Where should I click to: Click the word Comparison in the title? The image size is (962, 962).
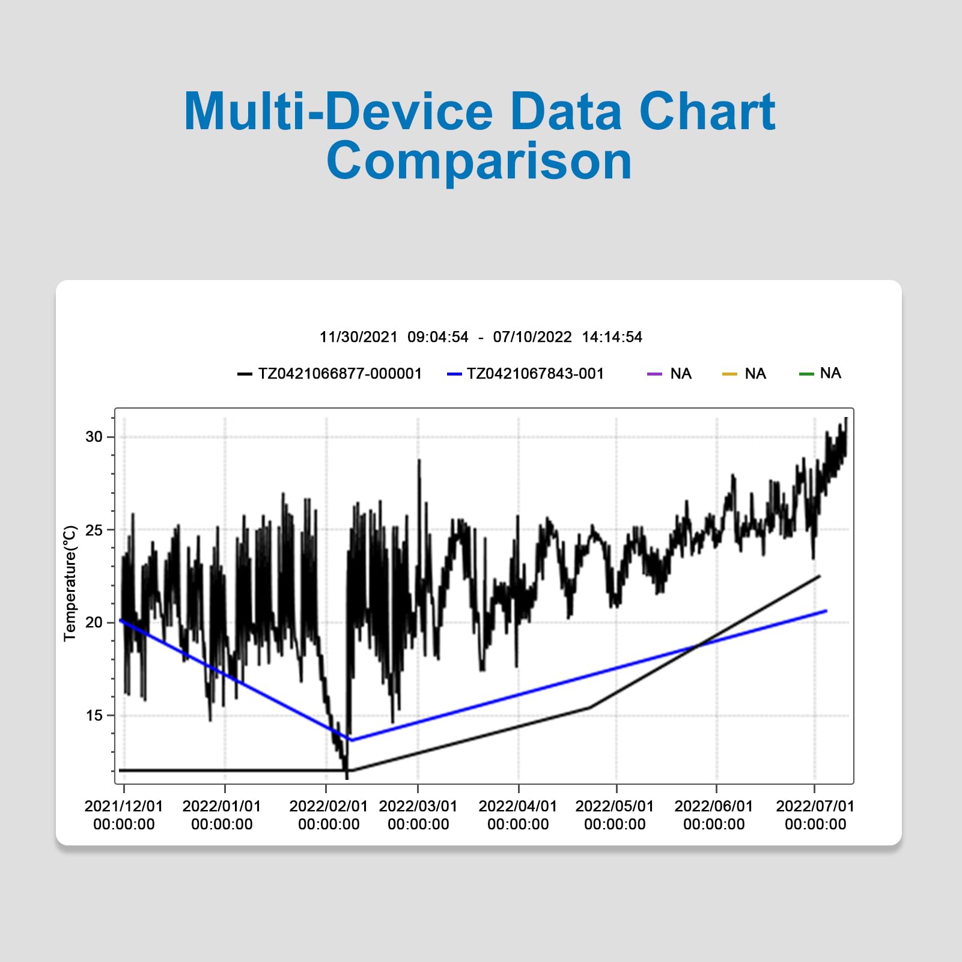479,161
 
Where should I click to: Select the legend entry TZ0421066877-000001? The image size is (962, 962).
329,374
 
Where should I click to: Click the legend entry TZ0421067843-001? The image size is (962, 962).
525,374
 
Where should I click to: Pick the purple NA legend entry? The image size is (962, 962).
669,374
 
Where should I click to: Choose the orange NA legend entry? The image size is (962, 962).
744,374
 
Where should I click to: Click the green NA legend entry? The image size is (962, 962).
820,373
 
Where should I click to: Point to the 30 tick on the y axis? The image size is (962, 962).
94,437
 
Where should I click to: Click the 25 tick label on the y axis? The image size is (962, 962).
94,530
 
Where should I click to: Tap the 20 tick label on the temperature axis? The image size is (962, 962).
94,623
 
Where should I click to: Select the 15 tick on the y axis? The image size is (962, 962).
94,715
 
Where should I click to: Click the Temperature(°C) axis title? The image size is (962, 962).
70,583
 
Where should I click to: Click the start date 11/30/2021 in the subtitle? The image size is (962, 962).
358,337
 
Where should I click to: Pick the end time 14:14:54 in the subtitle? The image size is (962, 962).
612,337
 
